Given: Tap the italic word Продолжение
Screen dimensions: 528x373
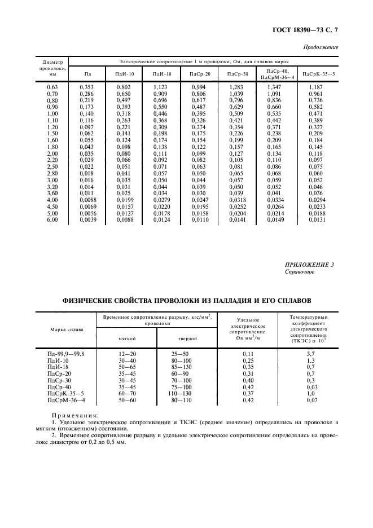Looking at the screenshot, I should pyautogui.click(x=322, y=47).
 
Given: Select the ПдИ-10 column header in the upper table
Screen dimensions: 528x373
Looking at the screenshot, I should pyautogui.click(x=125, y=73).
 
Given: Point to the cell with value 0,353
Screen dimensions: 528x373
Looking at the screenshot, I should pyautogui.click(x=86, y=87).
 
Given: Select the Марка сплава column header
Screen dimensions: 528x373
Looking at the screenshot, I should pyautogui.click(x=67, y=329).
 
